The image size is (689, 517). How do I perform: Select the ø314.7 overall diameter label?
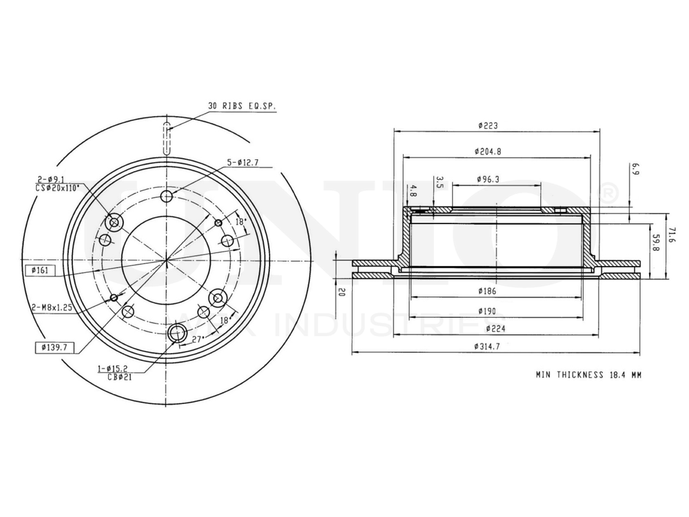point(487,347)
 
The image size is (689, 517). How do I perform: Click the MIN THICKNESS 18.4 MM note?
point(588,375)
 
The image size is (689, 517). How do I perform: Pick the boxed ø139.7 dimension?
point(51,347)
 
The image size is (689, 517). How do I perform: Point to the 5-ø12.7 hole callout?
point(243,163)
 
